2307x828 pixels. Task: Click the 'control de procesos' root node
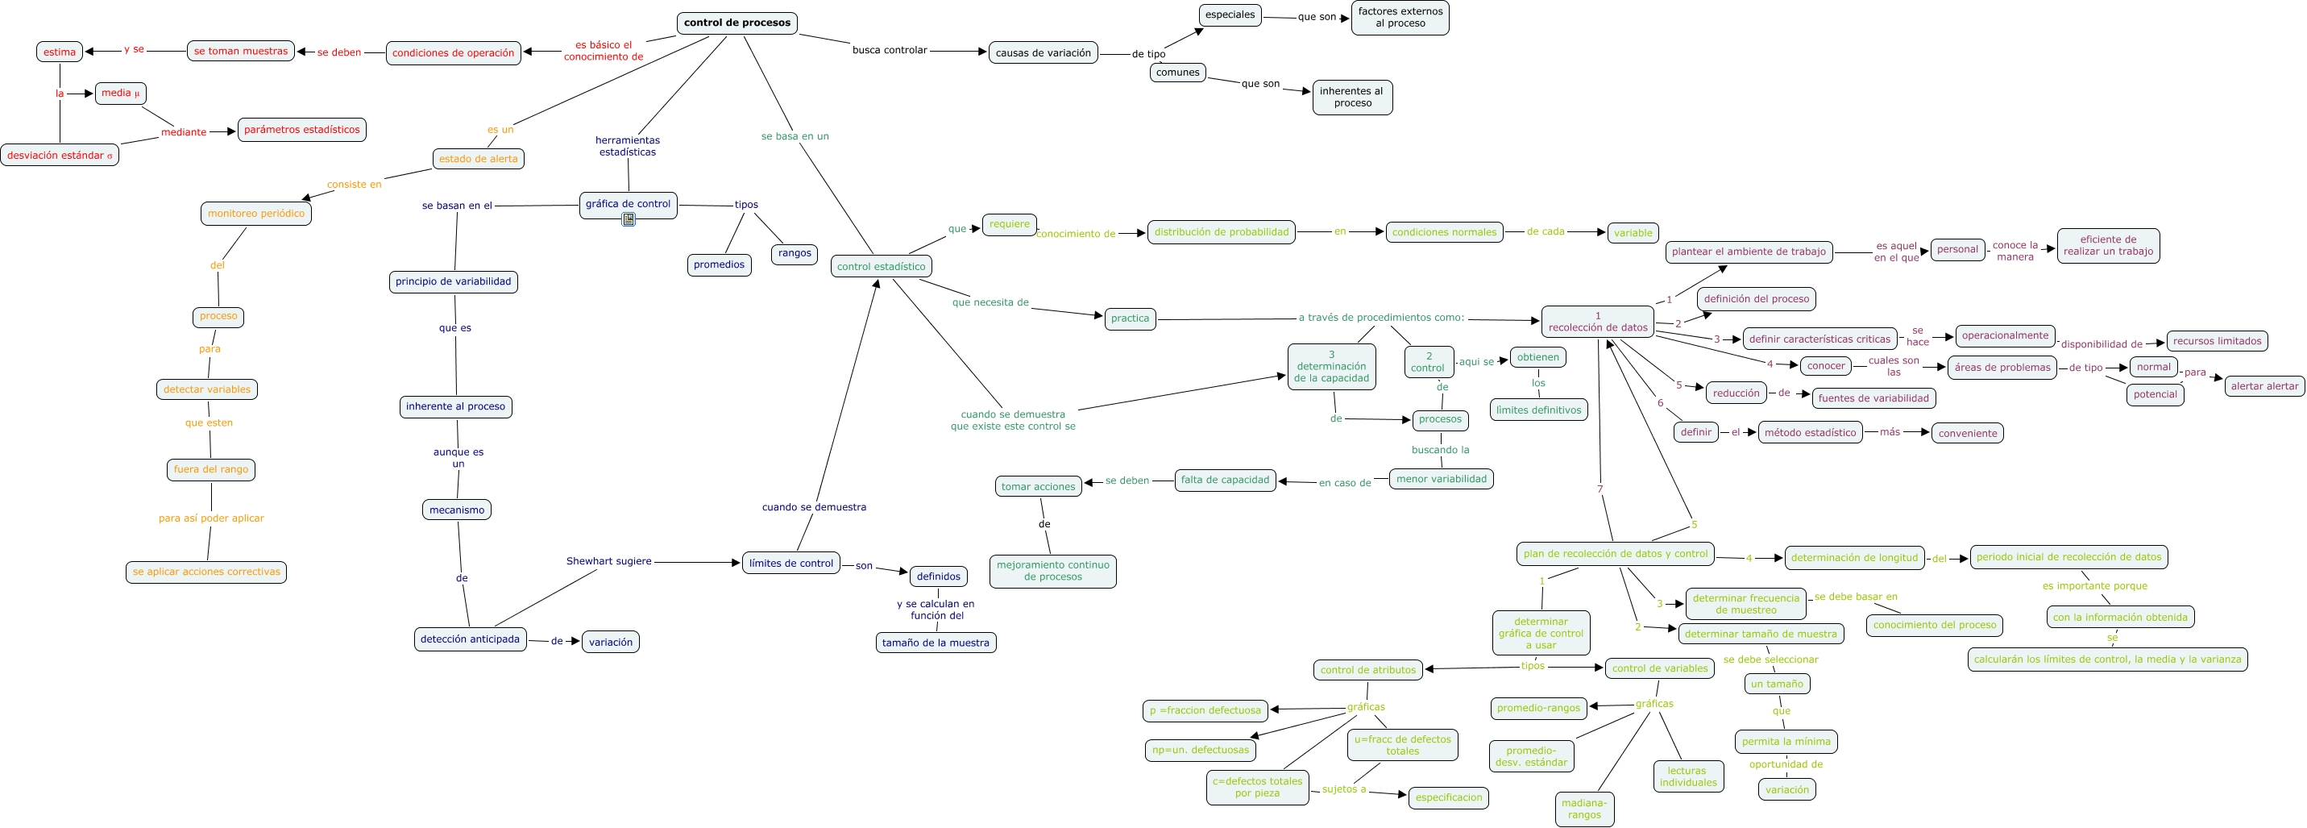[736, 23]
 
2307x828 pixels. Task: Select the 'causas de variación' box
[1043, 53]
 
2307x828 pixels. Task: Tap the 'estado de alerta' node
[478, 159]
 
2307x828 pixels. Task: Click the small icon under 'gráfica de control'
[629, 219]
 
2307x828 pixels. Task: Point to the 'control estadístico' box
[881, 266]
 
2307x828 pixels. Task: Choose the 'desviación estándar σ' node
[59, 155]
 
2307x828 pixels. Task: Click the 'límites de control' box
[790, 563]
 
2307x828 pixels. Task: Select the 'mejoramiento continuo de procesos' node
[1052, 571]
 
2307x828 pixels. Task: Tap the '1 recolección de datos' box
[1597, 322]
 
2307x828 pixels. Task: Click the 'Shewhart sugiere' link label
[608, 561]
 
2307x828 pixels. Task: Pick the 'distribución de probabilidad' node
[1221, 232]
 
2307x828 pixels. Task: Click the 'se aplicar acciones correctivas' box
[206, 572]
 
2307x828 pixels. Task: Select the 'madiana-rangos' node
[1583, 809]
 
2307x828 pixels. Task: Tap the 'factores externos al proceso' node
[1399, 18]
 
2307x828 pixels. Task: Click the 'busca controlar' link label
[889, 50]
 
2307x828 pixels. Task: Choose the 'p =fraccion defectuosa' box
[1205, 710]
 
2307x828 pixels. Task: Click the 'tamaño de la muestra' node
[935, 643]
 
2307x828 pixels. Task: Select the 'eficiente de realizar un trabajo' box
[2107, 246]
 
